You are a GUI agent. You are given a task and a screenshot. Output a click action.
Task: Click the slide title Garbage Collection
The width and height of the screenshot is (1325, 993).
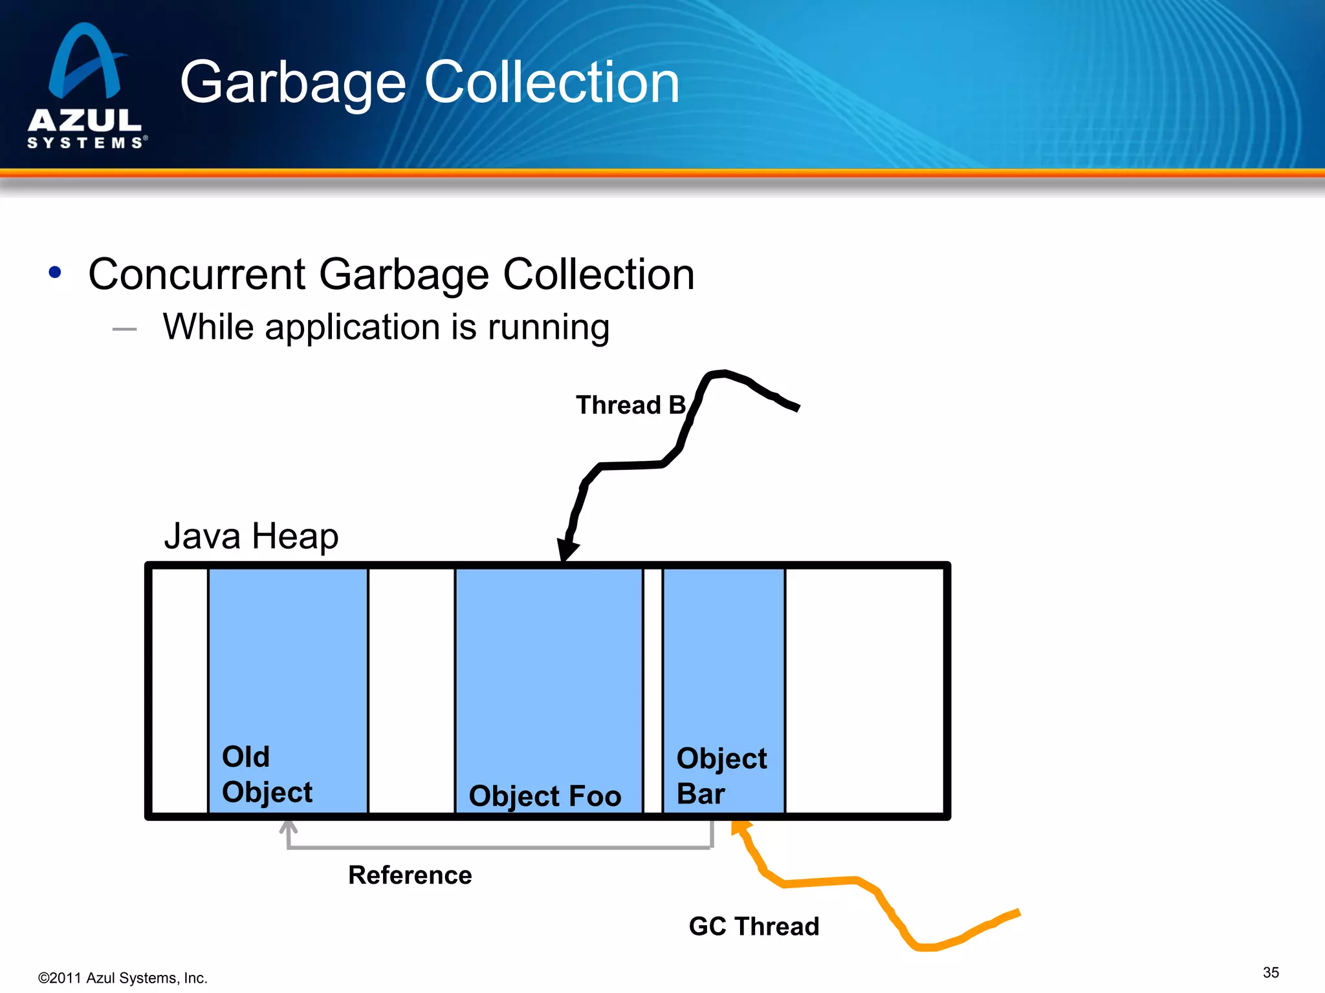point(430,82)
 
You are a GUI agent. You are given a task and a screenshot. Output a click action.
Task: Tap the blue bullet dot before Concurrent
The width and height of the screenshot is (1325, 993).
point(55,273)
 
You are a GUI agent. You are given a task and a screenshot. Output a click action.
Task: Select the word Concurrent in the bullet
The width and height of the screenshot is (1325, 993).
point(197,274)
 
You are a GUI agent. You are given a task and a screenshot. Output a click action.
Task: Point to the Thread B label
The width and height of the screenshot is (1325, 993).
point(630,405)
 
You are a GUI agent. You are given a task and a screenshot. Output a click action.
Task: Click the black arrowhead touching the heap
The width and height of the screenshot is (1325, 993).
point(567,550)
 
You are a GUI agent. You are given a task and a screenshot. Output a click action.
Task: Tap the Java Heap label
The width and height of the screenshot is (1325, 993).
point(251,536)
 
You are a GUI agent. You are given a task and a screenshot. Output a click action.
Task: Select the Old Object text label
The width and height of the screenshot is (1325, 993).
point(267,774)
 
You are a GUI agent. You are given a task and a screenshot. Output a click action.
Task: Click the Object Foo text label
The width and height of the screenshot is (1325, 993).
point(545,796)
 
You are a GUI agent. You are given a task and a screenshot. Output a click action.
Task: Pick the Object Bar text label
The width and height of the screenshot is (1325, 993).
point(721,776)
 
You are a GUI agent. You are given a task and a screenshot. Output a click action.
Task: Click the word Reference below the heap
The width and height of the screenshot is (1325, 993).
point(410,875)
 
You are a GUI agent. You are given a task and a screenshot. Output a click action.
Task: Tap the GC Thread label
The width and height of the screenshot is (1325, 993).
point(754,926)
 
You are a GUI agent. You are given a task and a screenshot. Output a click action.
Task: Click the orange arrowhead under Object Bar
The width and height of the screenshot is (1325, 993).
point(739,827)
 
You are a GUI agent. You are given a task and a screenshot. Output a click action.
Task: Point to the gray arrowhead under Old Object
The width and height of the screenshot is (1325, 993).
point(289,827)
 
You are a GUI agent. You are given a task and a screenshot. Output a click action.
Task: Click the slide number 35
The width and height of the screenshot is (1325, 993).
point(1271,972)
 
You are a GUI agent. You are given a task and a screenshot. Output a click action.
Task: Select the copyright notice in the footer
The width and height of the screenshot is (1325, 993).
point(123,978)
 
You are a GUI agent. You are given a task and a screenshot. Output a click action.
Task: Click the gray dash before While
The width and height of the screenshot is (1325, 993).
point(124,329)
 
